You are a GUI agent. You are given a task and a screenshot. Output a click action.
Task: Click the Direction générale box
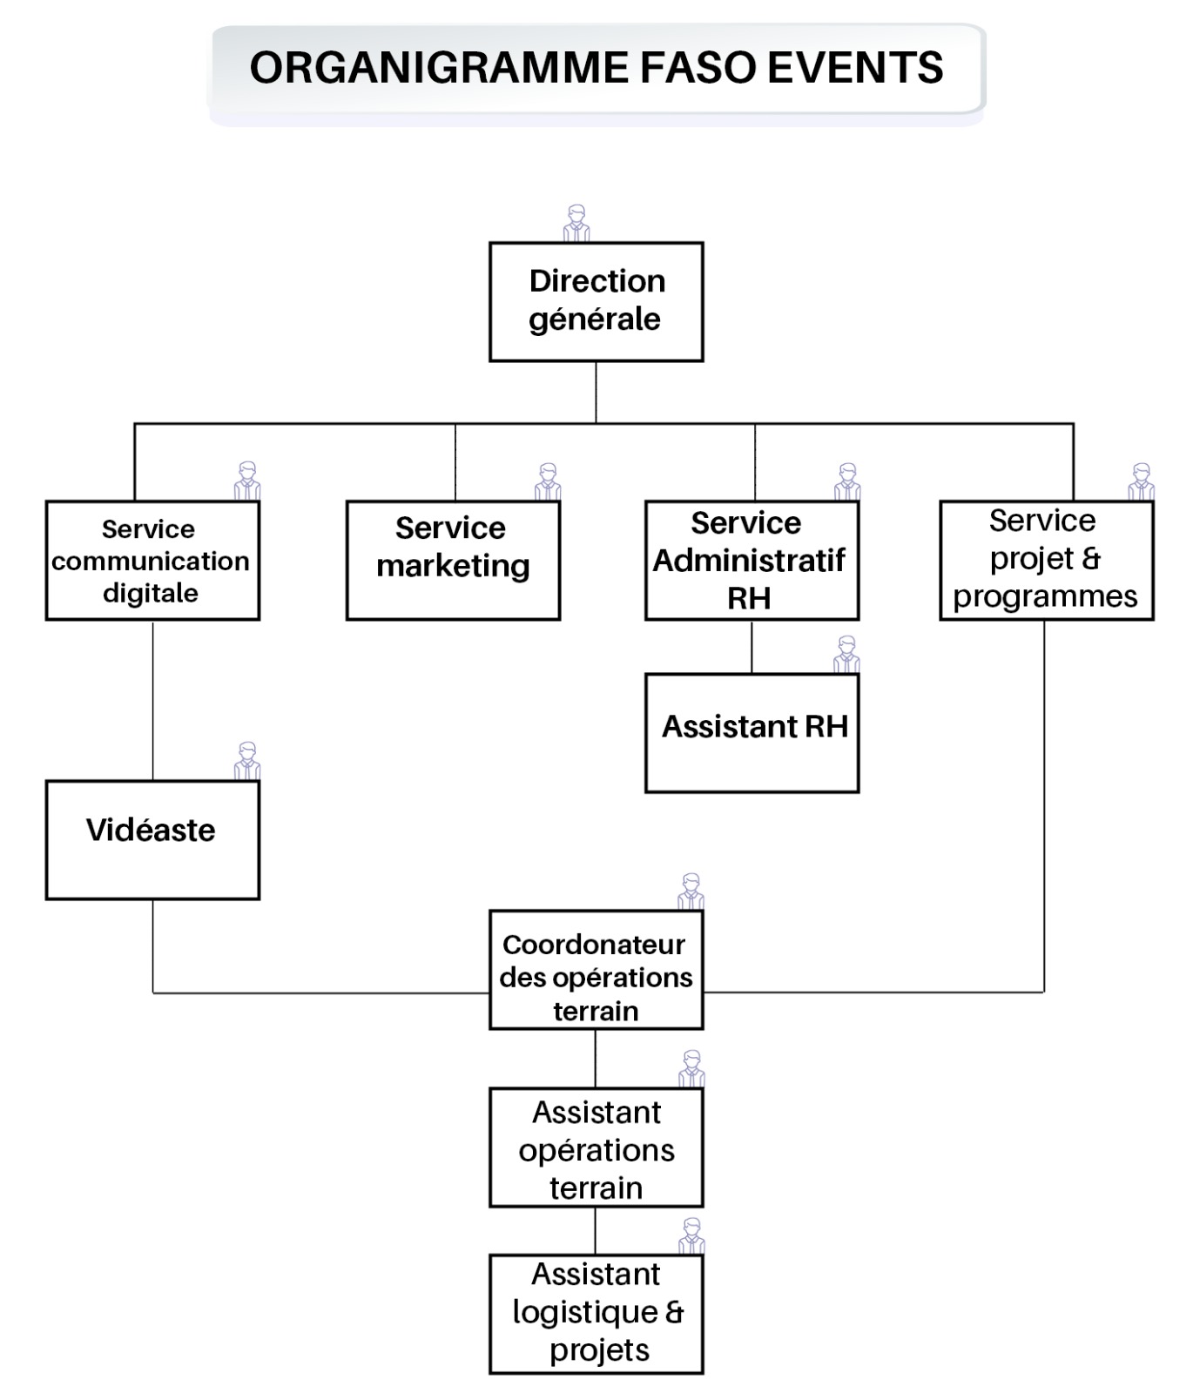tap(596, 301)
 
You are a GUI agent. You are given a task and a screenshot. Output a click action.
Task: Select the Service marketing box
tap(453, 560)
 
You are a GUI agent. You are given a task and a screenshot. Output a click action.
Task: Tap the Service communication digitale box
tap(152, 560)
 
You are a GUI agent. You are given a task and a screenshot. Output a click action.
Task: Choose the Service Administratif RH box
tap(752, 560)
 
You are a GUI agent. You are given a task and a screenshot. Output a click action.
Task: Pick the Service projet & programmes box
tap(1047, 560)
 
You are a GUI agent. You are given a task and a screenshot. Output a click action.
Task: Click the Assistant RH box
tap(752, 732)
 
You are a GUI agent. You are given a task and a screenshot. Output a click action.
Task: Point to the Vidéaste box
tap(152, 839)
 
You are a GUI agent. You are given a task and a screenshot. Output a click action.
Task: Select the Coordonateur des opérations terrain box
tap(596, 970)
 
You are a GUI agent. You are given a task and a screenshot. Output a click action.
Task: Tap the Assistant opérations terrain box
tap(596, 1147)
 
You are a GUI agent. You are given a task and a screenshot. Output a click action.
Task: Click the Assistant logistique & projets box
tap(596, 1314)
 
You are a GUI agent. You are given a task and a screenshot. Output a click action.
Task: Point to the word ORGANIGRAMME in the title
tap(439, 68)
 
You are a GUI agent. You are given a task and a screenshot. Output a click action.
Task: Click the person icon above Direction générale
tap(576, 223)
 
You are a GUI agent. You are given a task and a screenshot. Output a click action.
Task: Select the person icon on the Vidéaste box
tap(247, 761)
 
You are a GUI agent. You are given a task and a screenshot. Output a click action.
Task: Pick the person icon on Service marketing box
tap(548, 481)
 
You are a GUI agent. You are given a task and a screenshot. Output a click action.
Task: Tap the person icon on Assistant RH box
tap(846, 654)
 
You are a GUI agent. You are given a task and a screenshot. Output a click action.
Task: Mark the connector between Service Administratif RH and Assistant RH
tap(752, 647)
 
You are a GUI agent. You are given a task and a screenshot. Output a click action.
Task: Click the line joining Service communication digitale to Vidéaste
tap(153, 700)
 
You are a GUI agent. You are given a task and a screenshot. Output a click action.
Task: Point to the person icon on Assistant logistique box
tap(691, 1236)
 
